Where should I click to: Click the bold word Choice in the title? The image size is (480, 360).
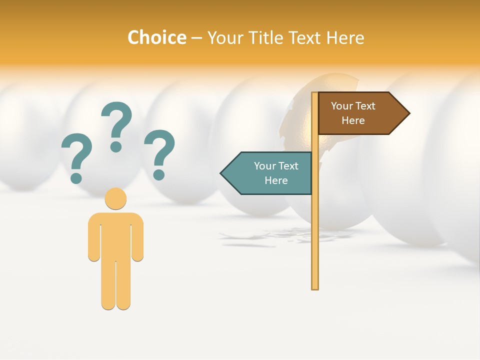point(157,37)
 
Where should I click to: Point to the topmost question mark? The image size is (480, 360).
point(116,125)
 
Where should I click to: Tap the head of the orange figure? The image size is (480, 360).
point(115,198)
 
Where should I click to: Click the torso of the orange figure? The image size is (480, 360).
point(115,235)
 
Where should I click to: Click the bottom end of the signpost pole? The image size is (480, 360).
point(314,286)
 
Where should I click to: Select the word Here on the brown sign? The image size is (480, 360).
point(353,120)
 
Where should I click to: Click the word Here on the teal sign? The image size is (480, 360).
point(276,180)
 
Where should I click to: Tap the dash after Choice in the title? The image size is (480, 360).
point(196,38)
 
